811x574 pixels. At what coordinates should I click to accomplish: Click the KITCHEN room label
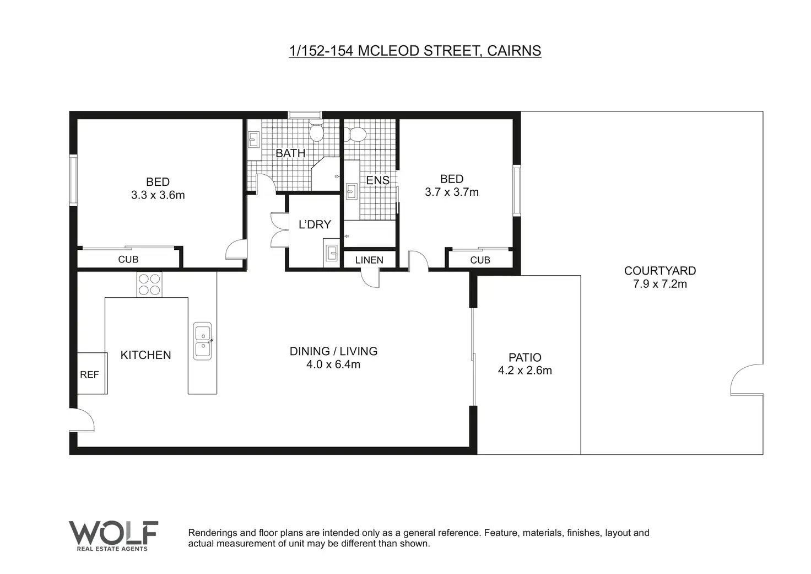click(x=145, y=355)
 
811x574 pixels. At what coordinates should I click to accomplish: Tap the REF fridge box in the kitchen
click(x=93, y=373)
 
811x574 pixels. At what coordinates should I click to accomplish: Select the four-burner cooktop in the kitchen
click(x=149, y=285)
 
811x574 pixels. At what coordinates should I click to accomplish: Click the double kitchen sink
click(x=202, y=341)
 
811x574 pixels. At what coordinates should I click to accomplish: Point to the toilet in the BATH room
click(x=316, y=131)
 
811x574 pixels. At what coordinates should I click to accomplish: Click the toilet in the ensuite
click(x=355, y=135)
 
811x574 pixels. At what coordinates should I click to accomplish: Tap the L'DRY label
click(x=315, y=224)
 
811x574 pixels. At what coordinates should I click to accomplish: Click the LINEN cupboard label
click(x=369, y=260)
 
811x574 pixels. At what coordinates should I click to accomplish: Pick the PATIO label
click(x=525, y=357)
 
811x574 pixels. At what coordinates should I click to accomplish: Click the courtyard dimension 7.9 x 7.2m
click(x=659, y=284)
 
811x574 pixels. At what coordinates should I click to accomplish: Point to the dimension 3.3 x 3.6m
click(x=158, y=195)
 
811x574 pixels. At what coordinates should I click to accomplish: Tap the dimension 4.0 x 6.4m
click(x=333, y=364)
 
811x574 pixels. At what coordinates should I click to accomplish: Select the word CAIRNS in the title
click(x=513, y=51)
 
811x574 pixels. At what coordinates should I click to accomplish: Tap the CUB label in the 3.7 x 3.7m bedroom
click(x=480, y=260)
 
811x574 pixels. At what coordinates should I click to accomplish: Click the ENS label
click(x=377, y=180)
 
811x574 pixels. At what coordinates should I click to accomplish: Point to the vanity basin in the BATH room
click(x=254, y=140)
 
